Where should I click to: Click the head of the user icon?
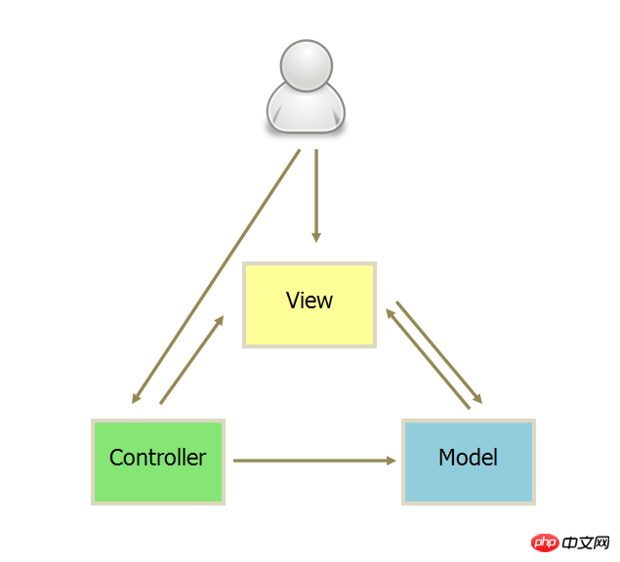click(307, 65)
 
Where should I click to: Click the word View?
click(310, 301)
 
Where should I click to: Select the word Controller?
click(157, 458)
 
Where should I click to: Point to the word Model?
click(468, 458)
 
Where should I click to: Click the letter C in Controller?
click(116, 458)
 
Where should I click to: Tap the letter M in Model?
click(447, 458)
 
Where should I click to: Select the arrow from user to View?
click(316, 196)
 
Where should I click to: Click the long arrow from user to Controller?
click(216, 277)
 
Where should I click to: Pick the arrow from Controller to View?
click(191, 360)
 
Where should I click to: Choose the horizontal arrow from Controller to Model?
click(314, 461)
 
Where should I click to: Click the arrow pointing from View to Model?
click(439, 352)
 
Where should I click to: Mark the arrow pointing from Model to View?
click(428, 359)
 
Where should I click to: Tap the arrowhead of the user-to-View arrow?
click(316, 237)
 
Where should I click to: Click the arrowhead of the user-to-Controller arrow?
click(136, 398)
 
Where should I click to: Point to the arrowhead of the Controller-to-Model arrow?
click(392, 461)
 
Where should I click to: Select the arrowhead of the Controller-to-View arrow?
click(220, 321)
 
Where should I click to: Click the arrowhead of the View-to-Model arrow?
click(478, 399)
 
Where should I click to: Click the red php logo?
click(545, 542)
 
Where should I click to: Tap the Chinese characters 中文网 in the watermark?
click(586, 542)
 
